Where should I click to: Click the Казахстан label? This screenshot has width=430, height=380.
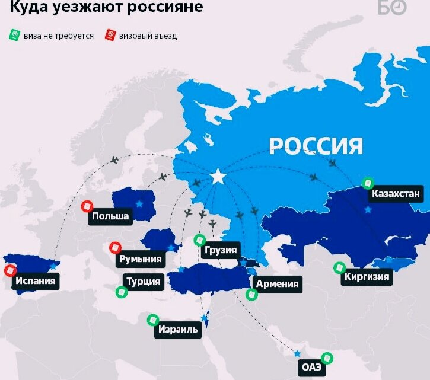(x=396, y=194)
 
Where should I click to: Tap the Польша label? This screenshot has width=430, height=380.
(x=110, y=216)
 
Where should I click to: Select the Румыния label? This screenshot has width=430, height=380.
(x=140, y=259)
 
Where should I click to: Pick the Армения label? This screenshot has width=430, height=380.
(x=277, y=283)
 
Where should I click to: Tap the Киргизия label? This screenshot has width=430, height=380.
(x=367, y=276)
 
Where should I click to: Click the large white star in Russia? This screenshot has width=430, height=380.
(x=219, y=177)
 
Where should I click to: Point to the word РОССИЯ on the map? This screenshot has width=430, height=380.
(x=316, y=145)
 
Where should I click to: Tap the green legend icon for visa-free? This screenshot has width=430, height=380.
(x=15, y=35)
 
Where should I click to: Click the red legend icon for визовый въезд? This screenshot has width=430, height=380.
(x=110, y=35)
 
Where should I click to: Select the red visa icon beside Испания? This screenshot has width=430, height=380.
(x=9, y=271)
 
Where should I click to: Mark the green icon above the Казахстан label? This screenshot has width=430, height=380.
(x=368, y=182)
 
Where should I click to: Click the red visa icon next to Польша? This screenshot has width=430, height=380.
(x=87, y=206)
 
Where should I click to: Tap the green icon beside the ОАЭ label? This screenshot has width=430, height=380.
(x=326, y=358)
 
